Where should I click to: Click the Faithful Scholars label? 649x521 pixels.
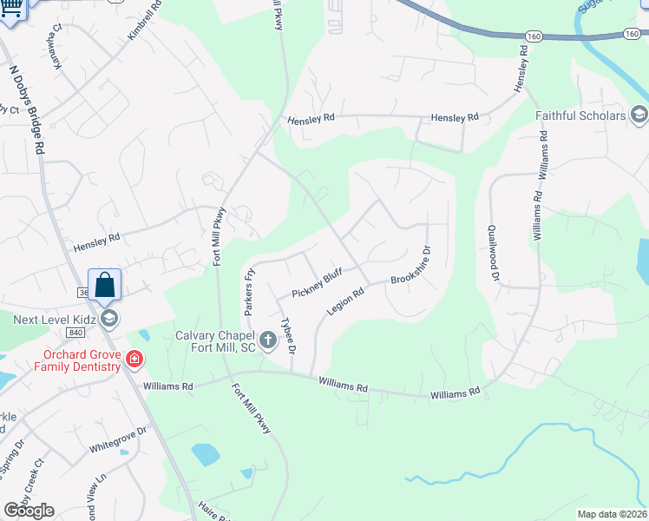[x=580, y=115]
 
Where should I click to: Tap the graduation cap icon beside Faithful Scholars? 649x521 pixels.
[x=639, y=115]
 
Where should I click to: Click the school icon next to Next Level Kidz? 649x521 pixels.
[x=108, y=320]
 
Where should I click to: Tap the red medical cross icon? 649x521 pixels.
[x=134, y=358]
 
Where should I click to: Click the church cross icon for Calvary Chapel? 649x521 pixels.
[x=267, y=340]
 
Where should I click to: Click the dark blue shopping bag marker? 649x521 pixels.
[x=104, y=285]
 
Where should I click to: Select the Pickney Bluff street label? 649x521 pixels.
[x=317, y=283]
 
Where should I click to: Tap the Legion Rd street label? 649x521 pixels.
[x=344, y=301]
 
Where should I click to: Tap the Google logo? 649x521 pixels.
[x=29, y=510]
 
